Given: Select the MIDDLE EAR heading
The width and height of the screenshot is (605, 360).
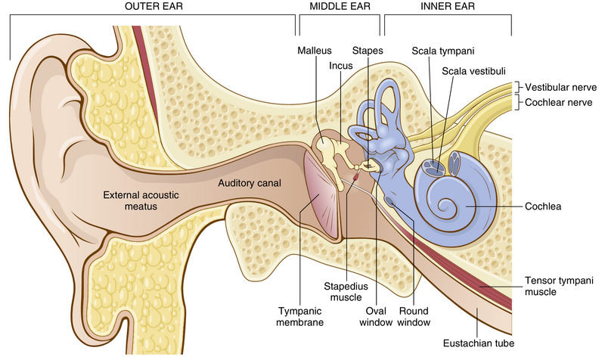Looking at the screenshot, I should click(339, 7).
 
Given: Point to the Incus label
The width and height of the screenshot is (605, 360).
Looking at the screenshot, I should click(341, 66).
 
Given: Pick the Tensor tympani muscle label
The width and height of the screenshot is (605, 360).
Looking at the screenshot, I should click(558, 286).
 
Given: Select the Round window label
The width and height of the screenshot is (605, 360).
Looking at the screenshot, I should click(414, 315).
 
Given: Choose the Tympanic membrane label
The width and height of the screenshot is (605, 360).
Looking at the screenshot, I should click(299, 315).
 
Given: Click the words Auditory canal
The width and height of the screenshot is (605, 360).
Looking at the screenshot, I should click(249, 183).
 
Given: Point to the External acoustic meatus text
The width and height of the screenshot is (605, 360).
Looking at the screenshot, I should click(141, 200).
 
